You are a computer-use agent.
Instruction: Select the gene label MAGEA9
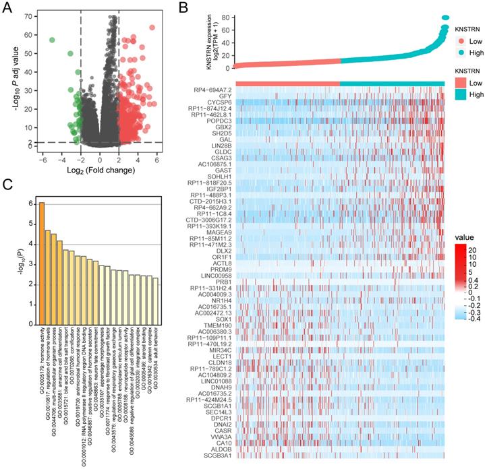coord(217,232)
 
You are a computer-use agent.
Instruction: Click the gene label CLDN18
coord(219,363)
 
